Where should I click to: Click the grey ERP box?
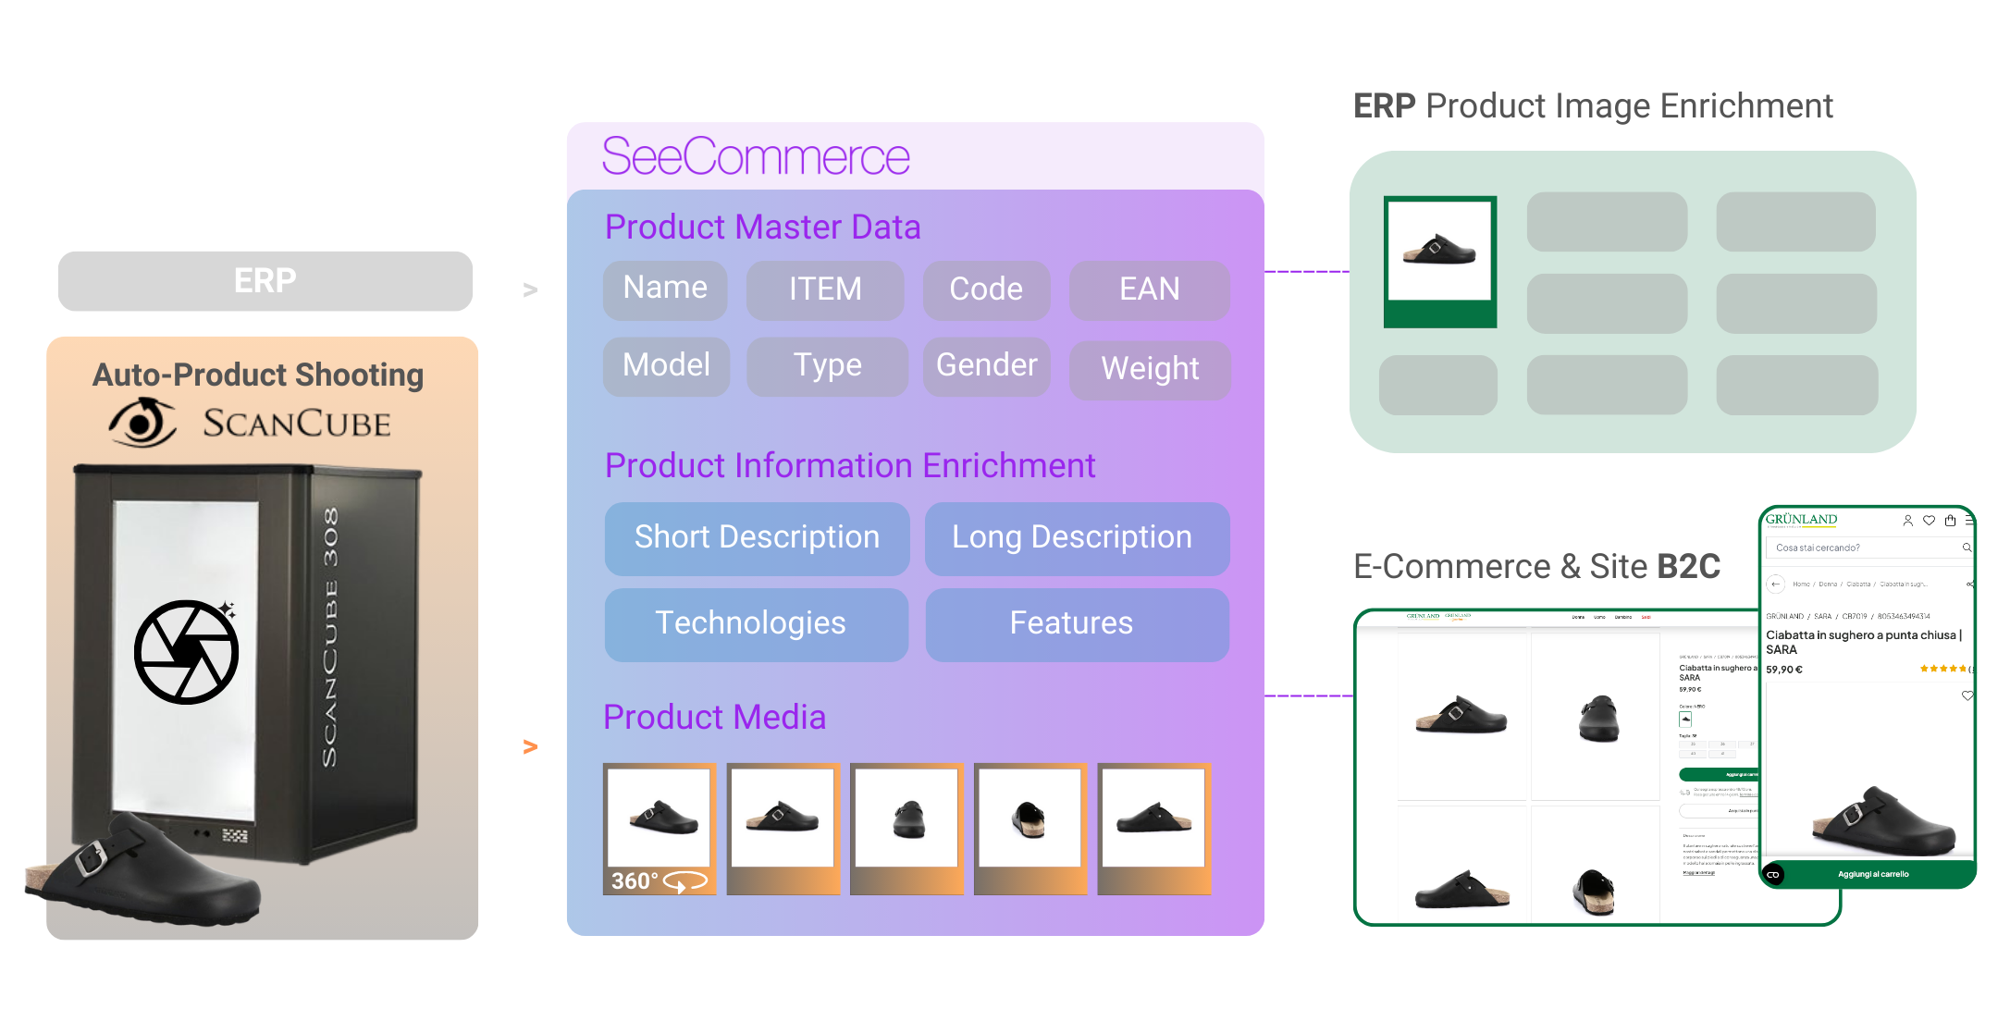point(265,281)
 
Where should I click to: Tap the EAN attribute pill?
point(1149,289)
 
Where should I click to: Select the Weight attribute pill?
point(1150,369)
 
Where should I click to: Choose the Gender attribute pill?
point(986,365)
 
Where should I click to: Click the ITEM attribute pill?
point(825,289)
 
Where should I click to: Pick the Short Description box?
point(757,537)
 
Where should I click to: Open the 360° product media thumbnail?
point(660,828)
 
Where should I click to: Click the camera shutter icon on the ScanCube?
point(187,652)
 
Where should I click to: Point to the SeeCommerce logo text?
point(756,156)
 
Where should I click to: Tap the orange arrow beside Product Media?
point(530,746)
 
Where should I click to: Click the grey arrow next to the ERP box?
point(530,290)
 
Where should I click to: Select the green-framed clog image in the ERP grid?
point(1439,261)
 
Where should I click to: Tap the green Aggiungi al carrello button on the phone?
point(1873,874)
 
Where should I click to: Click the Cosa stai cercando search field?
point(1864,548)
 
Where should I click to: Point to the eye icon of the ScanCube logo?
point(142,424)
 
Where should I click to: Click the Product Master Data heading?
point(762,228)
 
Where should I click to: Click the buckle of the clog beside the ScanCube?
point(89,857)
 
